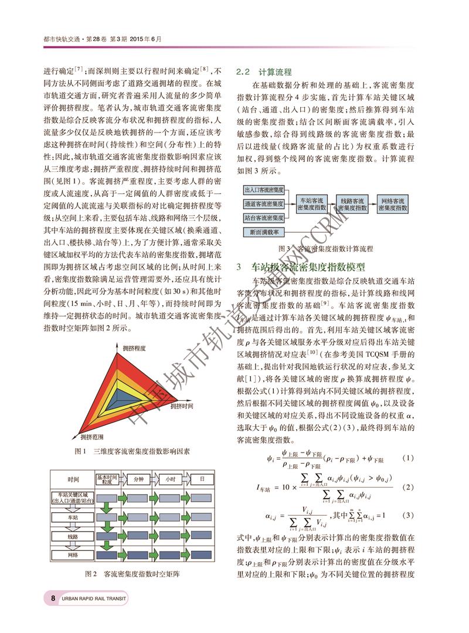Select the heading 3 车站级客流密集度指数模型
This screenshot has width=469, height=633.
308,267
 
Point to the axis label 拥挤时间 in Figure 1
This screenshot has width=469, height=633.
182,406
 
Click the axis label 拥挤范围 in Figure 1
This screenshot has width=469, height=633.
93,437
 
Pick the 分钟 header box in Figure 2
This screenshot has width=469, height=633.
138,479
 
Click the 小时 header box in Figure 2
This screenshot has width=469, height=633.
170,479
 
